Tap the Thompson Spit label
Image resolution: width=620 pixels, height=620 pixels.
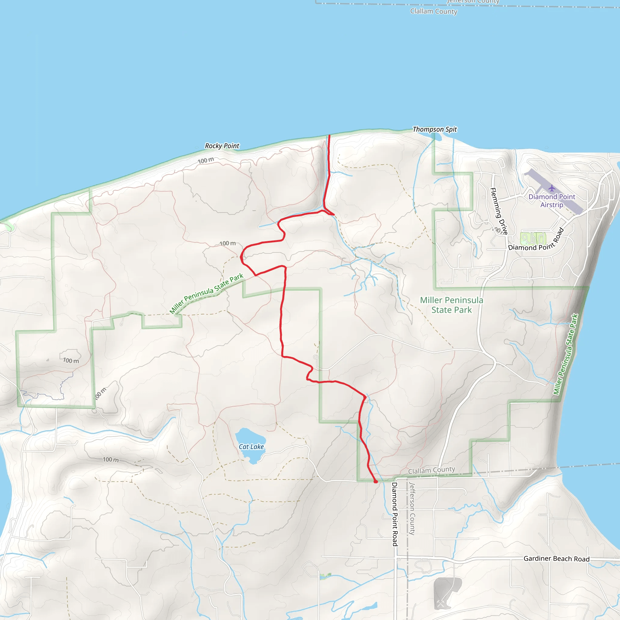434,129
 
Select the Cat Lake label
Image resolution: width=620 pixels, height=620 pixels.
251,447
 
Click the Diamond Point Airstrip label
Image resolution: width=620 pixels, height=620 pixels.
552,201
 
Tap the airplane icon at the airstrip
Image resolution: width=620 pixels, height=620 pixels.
552,188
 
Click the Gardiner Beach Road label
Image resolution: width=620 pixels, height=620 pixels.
556,559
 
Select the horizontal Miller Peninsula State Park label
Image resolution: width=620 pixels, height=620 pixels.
451,305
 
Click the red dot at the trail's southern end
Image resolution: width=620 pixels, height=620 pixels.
376,481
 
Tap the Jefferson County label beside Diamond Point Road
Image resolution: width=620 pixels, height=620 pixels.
412,509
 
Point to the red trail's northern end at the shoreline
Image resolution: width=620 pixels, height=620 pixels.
329,136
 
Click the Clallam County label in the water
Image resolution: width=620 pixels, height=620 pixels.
434,12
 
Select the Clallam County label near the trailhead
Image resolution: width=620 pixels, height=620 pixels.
431,470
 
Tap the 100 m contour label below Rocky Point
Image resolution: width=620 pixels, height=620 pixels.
205,160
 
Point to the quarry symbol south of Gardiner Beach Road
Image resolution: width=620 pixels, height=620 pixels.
440,603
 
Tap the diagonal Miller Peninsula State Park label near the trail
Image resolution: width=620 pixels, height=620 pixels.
206,293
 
